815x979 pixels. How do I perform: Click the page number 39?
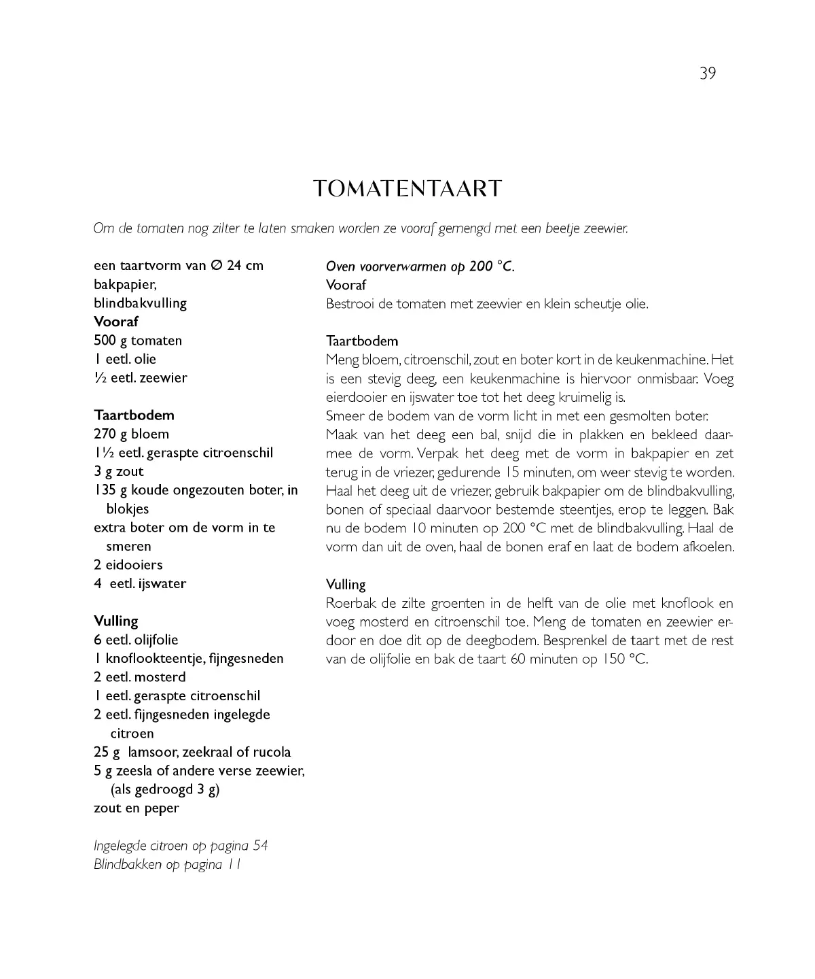tap(708, 73)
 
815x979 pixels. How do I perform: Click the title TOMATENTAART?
tap(407, 188)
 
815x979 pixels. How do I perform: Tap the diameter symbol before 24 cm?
tap(215, 266)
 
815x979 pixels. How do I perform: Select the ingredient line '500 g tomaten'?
tap(138, 341)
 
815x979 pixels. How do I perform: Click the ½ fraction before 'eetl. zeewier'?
tap(100, 378)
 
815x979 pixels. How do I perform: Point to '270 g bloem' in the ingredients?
tap(132, 434)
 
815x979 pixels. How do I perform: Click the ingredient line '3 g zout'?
tap(119, 472)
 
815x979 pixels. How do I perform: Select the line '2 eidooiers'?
tap(128, 565)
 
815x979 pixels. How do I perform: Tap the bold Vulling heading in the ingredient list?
tap(116, 621)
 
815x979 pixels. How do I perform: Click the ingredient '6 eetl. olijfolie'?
tap(136, 640)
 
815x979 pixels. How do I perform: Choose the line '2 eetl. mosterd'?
tap(140, 677)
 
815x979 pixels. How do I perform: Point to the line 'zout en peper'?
tap(137, 808)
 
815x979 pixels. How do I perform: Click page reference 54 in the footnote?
tap(260, 846)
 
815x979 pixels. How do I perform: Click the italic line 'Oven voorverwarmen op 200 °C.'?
tap(420, 267)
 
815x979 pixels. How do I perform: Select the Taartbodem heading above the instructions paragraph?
tap(362, 341)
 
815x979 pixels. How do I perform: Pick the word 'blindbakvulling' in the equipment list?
tap(140, 303)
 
